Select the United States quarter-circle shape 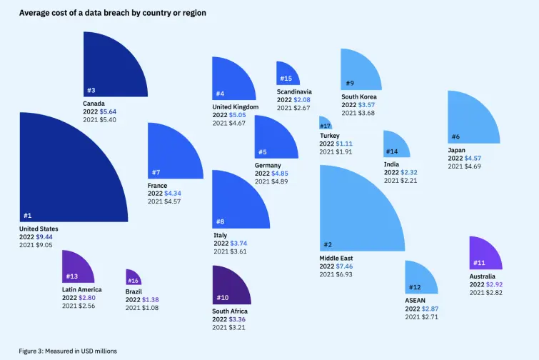pyautogui.click(x=57, y=179)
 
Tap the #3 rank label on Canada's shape pyautogui.click(x=91, y=91)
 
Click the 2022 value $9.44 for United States pyautogui.click(x=46, y=236)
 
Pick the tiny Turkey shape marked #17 pyautogui.click(x=325, y=124)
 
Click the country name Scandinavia pyautogui.click(x=294, y=91)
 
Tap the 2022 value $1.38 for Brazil pyautogui.click(x=150, y=300)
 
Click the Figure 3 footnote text pyautogui.click(x=67, y=351)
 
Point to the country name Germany pyautogui.click(x=268, y=166)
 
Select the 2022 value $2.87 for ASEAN pyautogui.click(x=430, y=309)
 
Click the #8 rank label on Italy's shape pyautogui.click(x=220, y=221)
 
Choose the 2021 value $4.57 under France pyautogui.click(x=172, y=201)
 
